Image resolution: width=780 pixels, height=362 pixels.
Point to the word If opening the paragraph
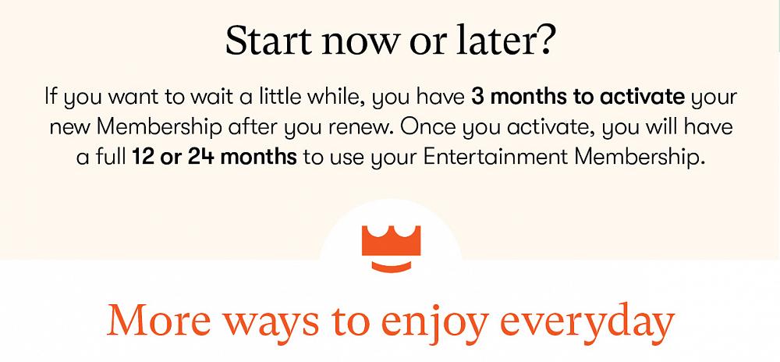point(50,95)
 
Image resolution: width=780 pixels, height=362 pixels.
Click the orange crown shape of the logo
point(391,240)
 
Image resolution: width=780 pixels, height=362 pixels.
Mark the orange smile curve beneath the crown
point(391,268)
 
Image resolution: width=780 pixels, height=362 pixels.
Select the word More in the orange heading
point(158,320)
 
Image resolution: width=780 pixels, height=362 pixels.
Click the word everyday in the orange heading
point(587,323)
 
